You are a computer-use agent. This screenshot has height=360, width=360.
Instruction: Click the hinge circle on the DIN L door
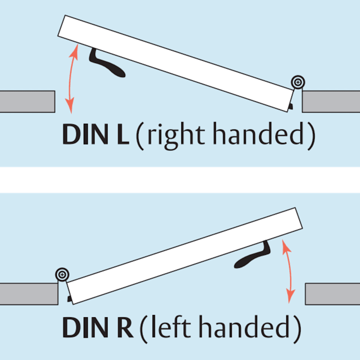point(298,82)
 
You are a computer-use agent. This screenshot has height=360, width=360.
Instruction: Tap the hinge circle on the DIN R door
point(62,274)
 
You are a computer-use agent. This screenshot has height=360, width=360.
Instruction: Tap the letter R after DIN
point(125,327)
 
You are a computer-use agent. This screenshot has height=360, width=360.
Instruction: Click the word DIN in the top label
point(85,134)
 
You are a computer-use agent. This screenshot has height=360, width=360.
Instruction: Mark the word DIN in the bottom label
point(85,327)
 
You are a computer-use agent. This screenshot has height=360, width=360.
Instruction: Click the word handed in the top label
point(258,133)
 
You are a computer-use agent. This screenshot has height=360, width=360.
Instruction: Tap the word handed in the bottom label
point(244,326)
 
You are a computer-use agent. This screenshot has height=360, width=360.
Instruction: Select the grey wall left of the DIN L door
point(27,102)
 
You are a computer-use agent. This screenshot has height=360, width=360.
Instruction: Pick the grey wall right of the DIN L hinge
point(331,102)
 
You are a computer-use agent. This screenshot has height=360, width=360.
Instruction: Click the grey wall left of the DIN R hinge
point(29,294)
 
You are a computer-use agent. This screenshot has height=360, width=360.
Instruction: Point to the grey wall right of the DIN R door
point(333,294)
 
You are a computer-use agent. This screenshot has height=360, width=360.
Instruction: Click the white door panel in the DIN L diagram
point(176,63)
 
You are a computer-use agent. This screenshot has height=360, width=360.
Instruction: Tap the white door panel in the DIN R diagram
point(184,256)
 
